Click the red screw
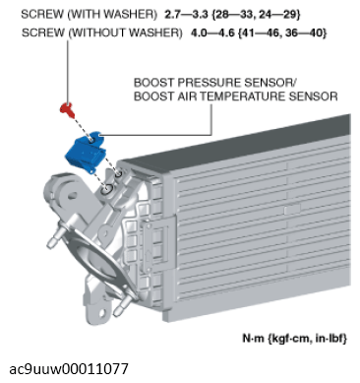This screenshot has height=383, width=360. [x=67, y=109]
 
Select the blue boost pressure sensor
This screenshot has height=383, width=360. [x=86, y=152]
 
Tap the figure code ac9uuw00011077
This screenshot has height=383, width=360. [x=69, y=369]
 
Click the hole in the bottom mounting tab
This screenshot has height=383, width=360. [x=102, y=312]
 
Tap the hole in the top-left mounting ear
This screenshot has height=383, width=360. [x=72, y=196]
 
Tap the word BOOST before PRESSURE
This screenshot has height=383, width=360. [x=154, y=83]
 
